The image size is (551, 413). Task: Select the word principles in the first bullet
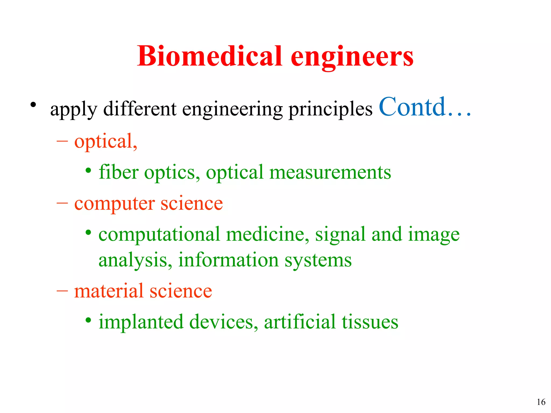click(330, 110)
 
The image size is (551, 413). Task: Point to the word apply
click(73, 110)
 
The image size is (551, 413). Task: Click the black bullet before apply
click(33, 105)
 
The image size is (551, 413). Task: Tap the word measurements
click(330, 172)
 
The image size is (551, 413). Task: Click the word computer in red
click(114, 204)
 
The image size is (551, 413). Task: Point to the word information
click(228, 260)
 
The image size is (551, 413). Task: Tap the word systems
click(318, 261)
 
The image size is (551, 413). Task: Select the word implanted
click(141, 322)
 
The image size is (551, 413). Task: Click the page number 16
click(541, 402)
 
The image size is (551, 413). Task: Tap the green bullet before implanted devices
click(88, 320)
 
